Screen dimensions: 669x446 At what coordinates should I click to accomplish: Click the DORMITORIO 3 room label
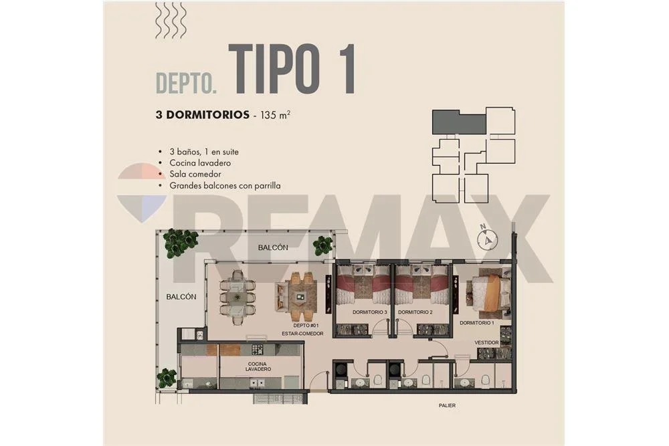pyautogui.click(x=369, y=312)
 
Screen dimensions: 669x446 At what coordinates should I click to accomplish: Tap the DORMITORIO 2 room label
pyautogui.click(x=415, y=312)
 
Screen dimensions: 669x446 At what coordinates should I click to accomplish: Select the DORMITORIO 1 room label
pyautogui.click(x=476, y=323)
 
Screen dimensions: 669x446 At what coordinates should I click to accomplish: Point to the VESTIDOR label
pyautogui.click(x=486, y=342)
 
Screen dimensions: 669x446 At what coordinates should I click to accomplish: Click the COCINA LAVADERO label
pyautogui.click(x=258, y=366)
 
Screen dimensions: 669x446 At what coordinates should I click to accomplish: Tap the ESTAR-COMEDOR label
pyautogui.click(x=302, y=334)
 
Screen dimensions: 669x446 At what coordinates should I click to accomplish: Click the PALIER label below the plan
pyautogui.click(x=447, y=405)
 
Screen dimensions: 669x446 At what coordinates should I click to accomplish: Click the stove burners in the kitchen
pyautogui.click(x=258, y=350)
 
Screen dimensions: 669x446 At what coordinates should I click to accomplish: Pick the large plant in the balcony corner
pyautogui.click(x=180, y=243)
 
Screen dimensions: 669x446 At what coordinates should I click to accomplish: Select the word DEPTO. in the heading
pyautogui.click(x=187, y=83)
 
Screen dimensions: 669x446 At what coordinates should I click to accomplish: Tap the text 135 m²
pyautogui.click(x=275, y=115)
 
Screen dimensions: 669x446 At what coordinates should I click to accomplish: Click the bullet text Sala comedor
pyautogui.click(x=195, y=174)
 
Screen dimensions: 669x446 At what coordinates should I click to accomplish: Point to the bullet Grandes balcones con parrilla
pyautogui.click(x=225, y=185)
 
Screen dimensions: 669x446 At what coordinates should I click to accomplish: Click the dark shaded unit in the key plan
pyautogui.click(x=459, y=122)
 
